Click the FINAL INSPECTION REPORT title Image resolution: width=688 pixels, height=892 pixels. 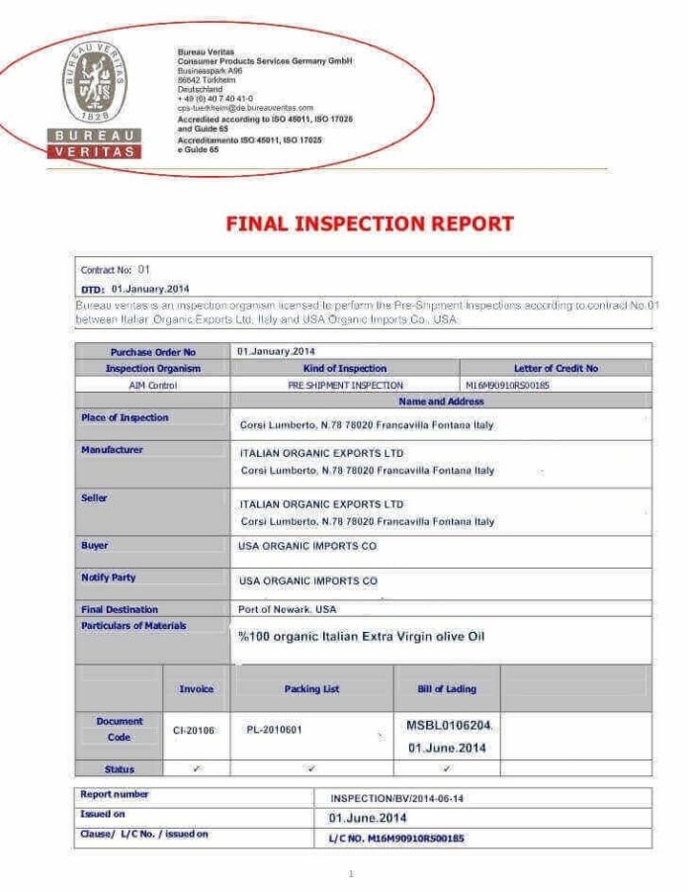coord(370,223)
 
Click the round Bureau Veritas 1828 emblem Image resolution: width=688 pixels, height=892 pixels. coord(95,83)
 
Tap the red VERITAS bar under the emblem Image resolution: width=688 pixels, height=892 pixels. coord(95,151)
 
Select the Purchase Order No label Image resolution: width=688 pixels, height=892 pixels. coord(152,351)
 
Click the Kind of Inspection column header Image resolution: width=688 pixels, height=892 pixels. coord(344,368)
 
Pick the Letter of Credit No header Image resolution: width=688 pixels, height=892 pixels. coord(556,368)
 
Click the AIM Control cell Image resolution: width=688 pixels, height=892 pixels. coord(152,385)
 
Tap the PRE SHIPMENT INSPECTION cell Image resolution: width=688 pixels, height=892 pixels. coord(345,385)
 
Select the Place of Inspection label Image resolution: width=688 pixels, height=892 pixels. coord(125,417)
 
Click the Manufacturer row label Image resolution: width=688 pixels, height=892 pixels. coord(112,450)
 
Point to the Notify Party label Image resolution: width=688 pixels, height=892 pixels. coord(109,577)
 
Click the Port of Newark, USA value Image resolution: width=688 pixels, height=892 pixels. coord(288,609)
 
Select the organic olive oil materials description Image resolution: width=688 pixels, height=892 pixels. coord(362,636)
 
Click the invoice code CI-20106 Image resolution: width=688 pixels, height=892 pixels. coord(194,730)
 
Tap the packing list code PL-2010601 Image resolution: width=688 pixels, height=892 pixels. coord(274,730)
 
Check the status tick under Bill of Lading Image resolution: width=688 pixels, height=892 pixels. coord(447,768)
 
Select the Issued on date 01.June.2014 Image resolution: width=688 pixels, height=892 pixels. coord(367,818)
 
